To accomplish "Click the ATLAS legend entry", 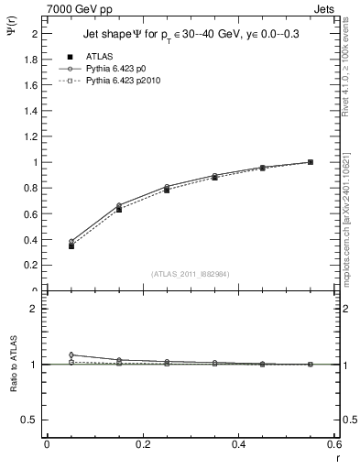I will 98,57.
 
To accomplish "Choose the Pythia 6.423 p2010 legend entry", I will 120,81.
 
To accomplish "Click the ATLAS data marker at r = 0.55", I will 311,162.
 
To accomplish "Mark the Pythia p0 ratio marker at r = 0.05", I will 71,354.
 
